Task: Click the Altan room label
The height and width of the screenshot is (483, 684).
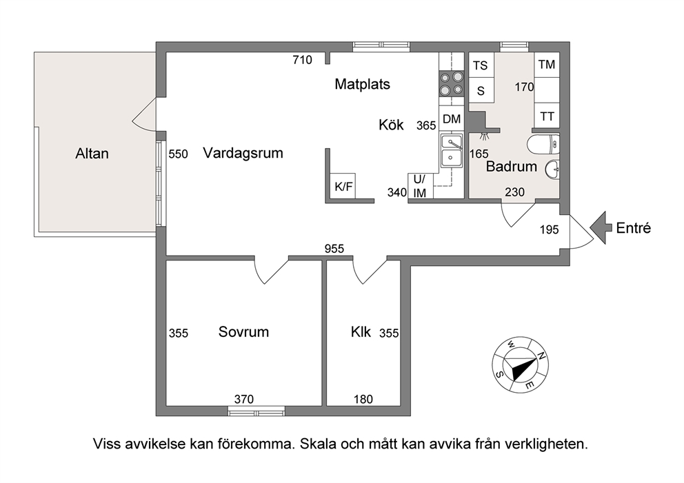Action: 92,154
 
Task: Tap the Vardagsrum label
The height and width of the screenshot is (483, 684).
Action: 243,153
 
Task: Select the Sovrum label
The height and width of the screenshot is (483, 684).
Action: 243,331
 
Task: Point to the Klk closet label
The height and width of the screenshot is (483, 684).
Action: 361,331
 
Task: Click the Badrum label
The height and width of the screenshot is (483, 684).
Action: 511,166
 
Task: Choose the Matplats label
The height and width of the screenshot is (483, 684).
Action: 362,84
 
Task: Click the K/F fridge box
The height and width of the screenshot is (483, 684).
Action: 344,187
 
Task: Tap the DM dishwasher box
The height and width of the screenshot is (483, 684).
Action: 452,119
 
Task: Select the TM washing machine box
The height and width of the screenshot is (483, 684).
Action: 547,65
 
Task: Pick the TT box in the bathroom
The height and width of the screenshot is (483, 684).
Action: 547,116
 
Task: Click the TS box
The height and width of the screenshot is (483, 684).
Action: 481,65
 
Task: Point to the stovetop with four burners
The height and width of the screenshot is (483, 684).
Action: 451,83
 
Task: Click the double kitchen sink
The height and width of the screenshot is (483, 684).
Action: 452,151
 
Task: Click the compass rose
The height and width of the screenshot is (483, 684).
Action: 521,365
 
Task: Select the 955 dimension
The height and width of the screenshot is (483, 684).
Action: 334,249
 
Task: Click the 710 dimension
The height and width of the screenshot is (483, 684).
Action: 302,60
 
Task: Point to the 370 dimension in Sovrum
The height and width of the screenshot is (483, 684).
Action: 244,399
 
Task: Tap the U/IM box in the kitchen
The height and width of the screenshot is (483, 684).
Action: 421,186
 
